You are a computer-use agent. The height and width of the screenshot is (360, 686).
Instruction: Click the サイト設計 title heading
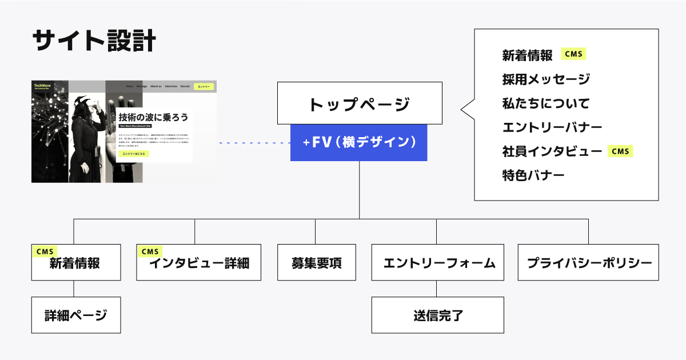click(x=94, y=42)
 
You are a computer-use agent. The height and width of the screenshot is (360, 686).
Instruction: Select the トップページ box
click(x=359, y=103)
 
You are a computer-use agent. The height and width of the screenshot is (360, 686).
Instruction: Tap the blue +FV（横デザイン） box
click(x=359, y=142)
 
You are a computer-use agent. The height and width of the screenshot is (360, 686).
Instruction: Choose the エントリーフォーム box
click(x=437, y=262)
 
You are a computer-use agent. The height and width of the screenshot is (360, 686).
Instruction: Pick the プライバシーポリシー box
click(x=588, y=262)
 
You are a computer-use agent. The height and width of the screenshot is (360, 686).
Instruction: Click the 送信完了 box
click(x=437, y=315)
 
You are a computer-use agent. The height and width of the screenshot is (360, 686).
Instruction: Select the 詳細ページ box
click(x=75, y=315)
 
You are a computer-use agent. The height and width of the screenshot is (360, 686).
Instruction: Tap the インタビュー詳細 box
click(x=198, y=263)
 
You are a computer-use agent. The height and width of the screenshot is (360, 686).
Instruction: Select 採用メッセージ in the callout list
click(x=546, y=79)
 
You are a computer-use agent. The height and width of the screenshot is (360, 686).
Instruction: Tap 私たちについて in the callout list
click(x=545, y=103)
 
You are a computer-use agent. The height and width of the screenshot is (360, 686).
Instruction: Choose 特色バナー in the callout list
click(x=533, y=175)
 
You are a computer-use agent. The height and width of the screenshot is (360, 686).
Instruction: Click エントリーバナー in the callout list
click(x=552, y=127)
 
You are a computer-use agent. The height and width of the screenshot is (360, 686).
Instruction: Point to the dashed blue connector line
click(x=254, y=143)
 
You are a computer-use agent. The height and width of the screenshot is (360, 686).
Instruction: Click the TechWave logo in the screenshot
click(x=42, y=86)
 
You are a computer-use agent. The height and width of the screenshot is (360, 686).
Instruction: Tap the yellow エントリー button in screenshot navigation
click(x=204, y=86)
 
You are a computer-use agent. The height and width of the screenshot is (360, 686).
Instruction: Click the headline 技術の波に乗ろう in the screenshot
click(x=153, y=117)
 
